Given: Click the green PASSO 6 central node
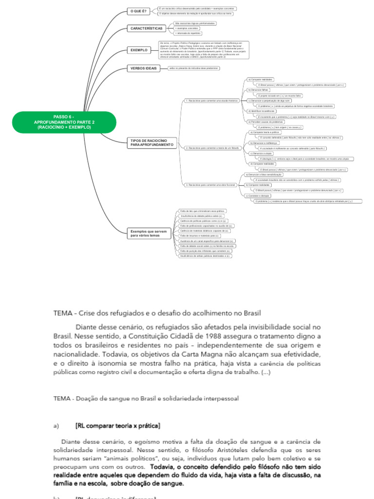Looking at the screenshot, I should tap(64, 122).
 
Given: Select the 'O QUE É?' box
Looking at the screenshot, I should tap(138, 11).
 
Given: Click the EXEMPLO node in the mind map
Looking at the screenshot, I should tap(139, 50).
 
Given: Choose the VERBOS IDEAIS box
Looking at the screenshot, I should tap(144, 68).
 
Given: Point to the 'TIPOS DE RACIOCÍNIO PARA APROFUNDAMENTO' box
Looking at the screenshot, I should tap(151, 143).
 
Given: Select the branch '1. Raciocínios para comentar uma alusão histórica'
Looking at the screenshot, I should tap(212, 101).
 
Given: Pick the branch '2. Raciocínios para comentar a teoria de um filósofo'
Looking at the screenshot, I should tap(213, 147).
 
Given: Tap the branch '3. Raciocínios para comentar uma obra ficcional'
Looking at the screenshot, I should tap(210, 185).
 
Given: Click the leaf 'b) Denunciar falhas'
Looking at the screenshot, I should tap(258, 90).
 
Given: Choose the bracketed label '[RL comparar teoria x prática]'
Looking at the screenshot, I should tap(118, 426).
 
